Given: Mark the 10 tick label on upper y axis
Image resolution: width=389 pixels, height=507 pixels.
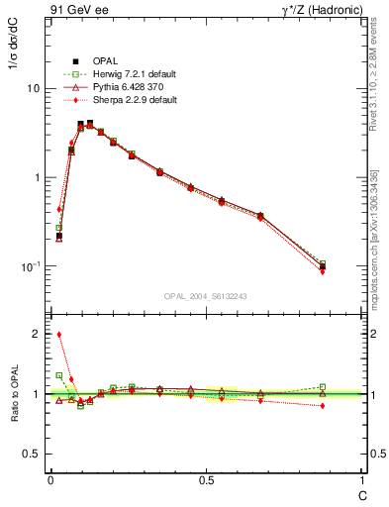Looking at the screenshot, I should click(33, 88).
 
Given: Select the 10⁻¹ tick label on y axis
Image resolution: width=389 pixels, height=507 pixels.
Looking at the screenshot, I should click(31, 266).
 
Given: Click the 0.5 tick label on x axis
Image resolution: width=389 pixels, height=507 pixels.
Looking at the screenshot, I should click(206, 482).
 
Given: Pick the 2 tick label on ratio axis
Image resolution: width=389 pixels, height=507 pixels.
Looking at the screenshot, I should click(37, 334).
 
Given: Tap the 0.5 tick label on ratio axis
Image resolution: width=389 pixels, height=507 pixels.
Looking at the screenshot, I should click(32, 454).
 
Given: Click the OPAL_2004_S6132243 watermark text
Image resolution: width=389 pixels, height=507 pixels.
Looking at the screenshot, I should click(206, 295).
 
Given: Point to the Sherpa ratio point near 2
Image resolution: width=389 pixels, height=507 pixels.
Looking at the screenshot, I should click(59, 335).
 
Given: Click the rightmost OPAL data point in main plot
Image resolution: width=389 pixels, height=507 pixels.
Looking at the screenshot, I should click(323, 266).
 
